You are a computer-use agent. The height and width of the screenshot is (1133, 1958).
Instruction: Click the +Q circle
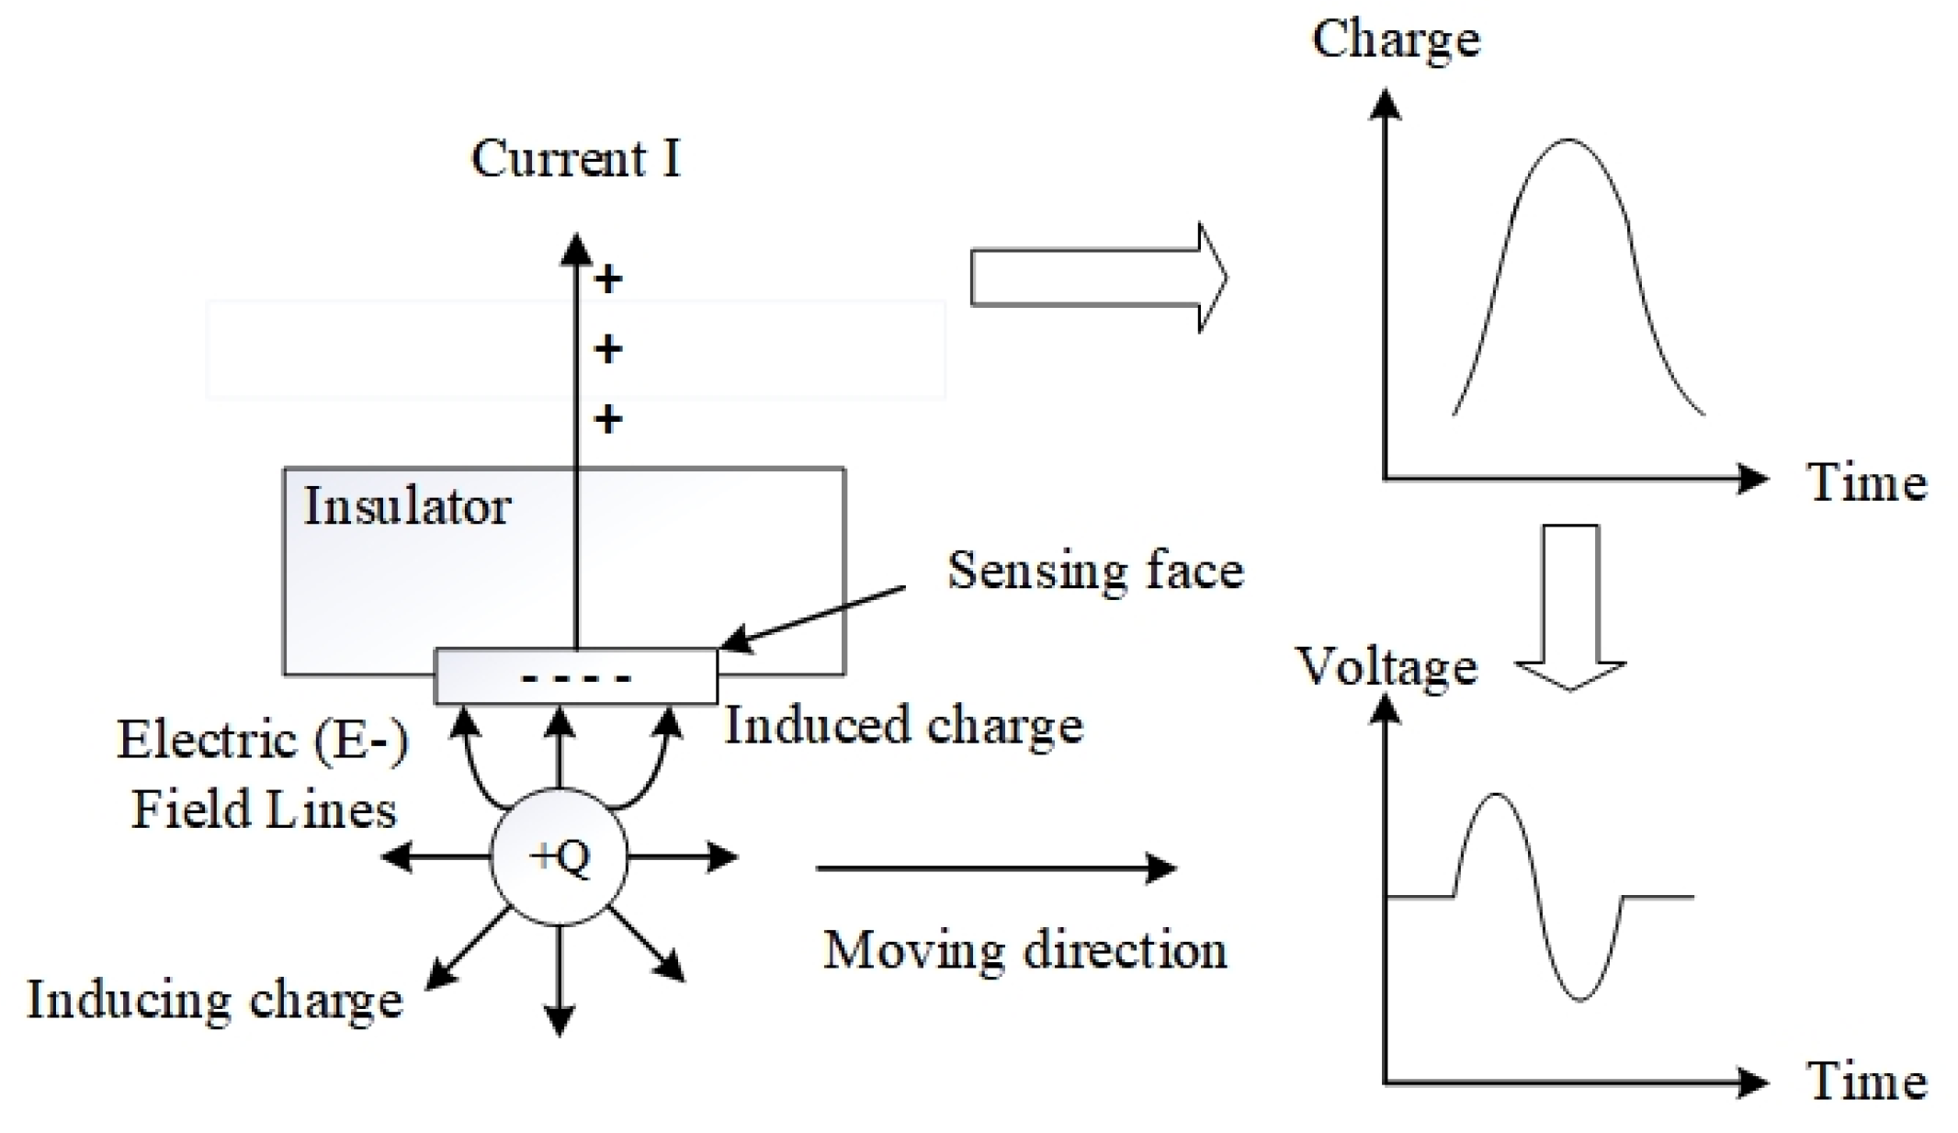click(x=559, y=857)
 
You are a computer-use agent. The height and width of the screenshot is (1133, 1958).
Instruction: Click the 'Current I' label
click(x=575, y=159)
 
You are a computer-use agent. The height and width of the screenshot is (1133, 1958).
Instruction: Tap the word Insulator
click(x=406, y=506)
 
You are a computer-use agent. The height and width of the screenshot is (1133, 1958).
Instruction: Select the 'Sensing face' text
click(x=1095, y=571)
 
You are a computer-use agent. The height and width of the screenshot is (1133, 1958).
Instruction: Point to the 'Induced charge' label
click(x=904, y=726)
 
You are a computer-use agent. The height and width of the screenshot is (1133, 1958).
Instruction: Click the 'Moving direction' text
click(x=1024, y=950)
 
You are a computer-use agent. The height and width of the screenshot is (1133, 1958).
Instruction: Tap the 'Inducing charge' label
click(x=214, y=1000)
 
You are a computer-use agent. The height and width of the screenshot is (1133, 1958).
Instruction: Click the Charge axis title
click(x=1395, y=40)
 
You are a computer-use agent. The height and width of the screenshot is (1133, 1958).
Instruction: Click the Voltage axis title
click(x=1386, y=667)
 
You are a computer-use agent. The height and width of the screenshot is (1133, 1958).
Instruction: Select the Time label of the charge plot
click(x=1866, y=482)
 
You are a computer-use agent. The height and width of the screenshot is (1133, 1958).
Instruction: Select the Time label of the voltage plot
click(x=1866, y=1081)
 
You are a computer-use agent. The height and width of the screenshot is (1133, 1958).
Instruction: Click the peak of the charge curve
click(x=1568, y=141)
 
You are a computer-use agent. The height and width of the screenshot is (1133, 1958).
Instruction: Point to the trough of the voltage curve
click(x=1580, y=999)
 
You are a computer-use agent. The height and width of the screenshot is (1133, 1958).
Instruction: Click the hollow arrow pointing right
click(x=1098, y=277)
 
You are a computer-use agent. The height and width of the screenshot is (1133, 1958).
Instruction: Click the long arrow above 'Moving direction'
click(x=995, y=867)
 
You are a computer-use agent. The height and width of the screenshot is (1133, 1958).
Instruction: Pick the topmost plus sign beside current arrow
click(x=607, y=278)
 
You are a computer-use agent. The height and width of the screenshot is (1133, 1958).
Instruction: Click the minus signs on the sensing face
click(x=576, y=679)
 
